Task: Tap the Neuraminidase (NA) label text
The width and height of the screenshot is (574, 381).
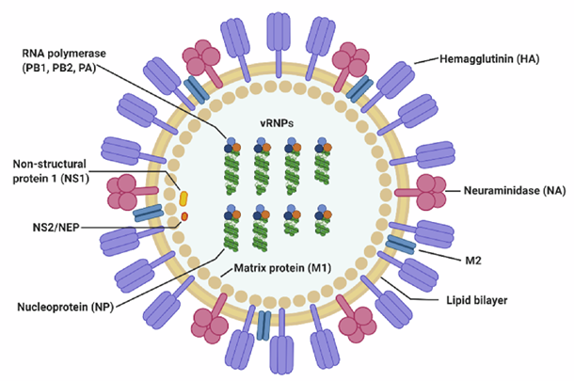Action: (513, 191)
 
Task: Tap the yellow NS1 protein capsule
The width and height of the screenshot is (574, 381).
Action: (184, 199)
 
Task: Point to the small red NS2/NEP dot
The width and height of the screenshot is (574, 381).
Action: (184, 217)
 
